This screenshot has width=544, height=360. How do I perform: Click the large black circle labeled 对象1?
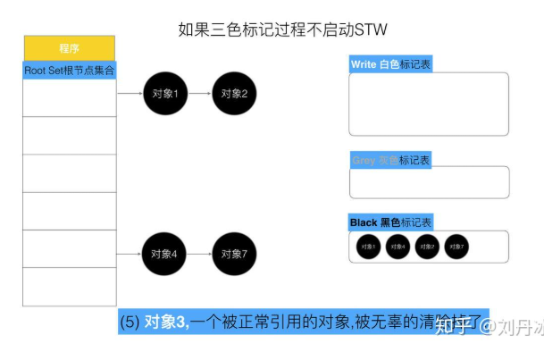(x=165, y=93)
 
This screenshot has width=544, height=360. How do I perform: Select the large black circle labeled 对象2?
(x=234, y=93)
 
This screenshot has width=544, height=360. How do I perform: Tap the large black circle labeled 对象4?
(x=165, y=254)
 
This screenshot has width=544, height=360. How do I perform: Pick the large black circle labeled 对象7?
(x=234, y=254)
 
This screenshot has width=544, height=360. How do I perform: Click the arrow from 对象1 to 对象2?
(x=199, y=93)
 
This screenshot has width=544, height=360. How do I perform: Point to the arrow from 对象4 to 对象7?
(x=199, y=254)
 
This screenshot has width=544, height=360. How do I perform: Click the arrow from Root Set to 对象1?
(x=130, y=93)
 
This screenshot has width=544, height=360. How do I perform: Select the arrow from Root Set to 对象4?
(x=130, y=254)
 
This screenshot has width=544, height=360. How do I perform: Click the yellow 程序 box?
(x=69, y=48)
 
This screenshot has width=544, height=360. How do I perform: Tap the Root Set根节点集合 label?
(x=69, y=70)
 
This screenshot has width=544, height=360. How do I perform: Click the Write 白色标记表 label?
(x=390, y=64)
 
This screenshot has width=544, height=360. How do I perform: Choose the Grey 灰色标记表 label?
(x=390, y=160)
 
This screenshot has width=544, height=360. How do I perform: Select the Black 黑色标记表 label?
(x=390, y=222)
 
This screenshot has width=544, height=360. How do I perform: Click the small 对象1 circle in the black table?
(x=369, y=246)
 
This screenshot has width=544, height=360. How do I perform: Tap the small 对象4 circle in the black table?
(x=398, y=246)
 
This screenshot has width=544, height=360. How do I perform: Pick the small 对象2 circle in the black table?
(x=427, y=246)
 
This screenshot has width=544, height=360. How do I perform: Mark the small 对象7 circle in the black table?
(x=456, y=246)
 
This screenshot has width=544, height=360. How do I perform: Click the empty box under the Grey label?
(x=429, y=182)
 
